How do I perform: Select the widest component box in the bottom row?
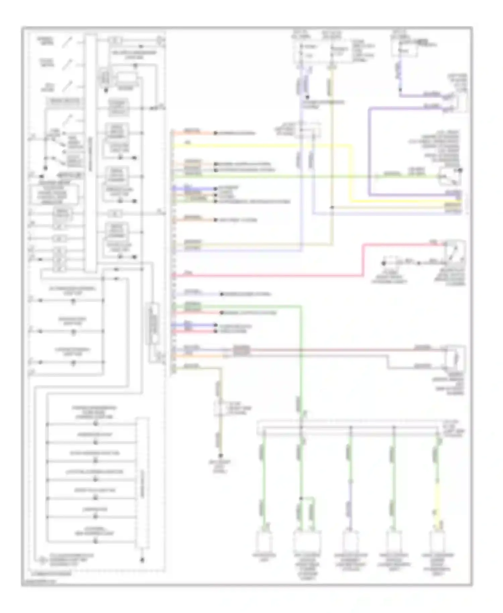[307, 542]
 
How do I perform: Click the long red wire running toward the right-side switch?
[268, 276]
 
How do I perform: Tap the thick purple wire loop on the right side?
[369, 151]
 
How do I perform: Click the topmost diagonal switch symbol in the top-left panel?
[68, 42]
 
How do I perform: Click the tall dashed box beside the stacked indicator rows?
[143, 483]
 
